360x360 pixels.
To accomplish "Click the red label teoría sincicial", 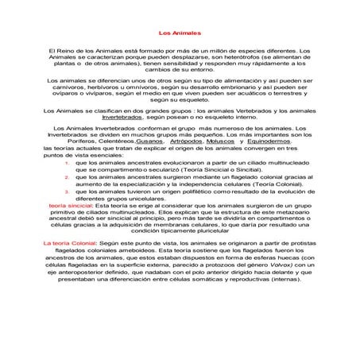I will [71, 205].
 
